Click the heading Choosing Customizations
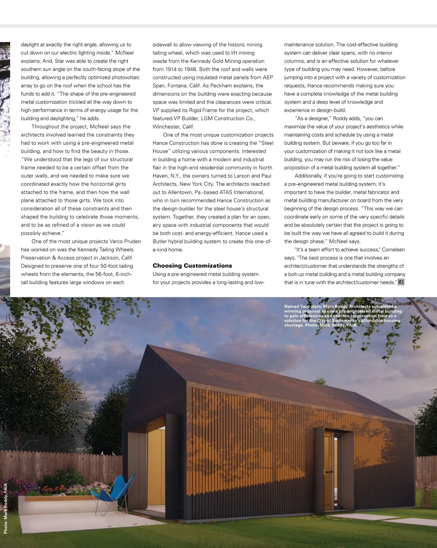pyautogui.click(x=192, y=266)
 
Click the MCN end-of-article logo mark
pyautogui.click(x=401, y=282)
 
